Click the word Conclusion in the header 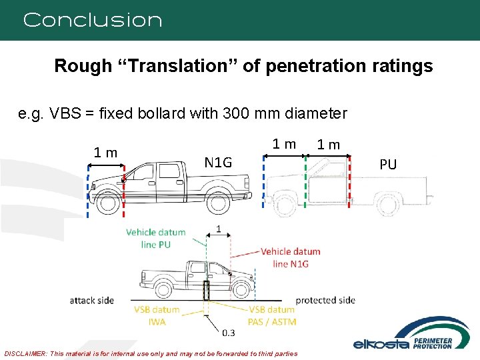click(x=93, y=20)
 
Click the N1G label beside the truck click(x=218, y=162)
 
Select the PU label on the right click(x=388, y=163)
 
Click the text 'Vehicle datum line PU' click(x=155, y=238)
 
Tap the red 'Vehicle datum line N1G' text click(x=290, y=257)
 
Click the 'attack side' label click(x=92, y=301)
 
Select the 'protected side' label click(x=325, y=300)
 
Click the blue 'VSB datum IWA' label click(x=157, y=315)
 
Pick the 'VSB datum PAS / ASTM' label click(x=271, y=315)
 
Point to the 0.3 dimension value click(x=228, y=332)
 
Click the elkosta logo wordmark click(x=377, y=344)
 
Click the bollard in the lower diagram click(x=207, y=291)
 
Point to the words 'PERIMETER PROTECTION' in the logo click(x=433, y=344)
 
